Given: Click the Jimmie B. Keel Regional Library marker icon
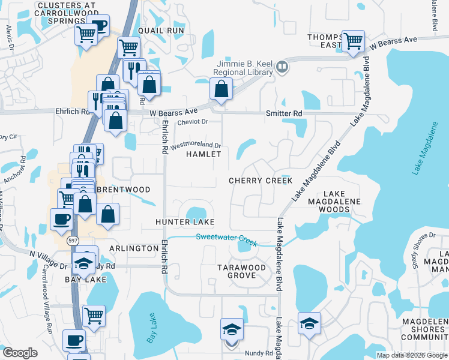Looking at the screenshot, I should pos(282,67).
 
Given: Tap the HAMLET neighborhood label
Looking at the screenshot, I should pos(203,154).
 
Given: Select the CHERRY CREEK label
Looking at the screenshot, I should pos(261,181).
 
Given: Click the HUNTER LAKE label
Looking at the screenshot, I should pos(185,222).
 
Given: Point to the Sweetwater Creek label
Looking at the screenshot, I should pos(227,239).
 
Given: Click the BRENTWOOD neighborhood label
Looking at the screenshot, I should pos(124,190).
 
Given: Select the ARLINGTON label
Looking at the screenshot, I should pos(134,248).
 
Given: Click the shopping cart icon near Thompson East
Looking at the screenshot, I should pos(353,41).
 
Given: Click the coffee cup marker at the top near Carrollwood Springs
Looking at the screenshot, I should pos(100,25).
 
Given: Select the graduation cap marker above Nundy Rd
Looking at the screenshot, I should pos(232,329).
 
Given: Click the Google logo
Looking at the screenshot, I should pos(20,353).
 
